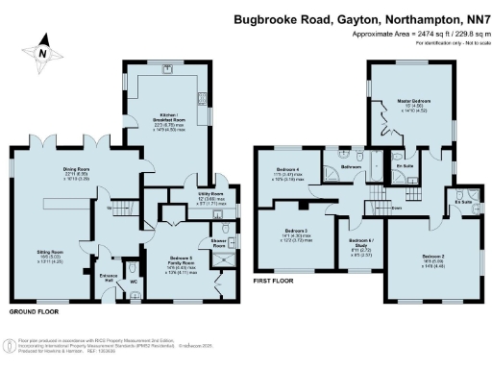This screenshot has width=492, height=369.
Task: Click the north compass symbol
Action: click(x=41, y=58)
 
